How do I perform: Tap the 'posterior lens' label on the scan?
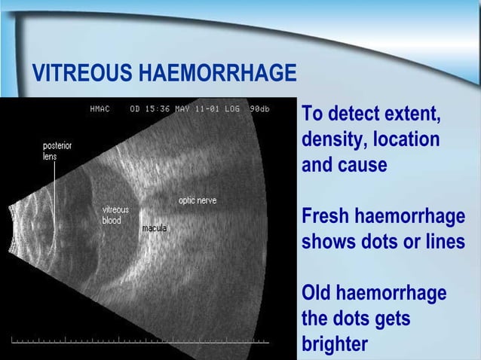click(x=57, y=151)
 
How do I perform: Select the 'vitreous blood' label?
click(x=115, y=215)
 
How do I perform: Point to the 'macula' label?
click(x=155, y=227)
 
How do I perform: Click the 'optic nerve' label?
click(x=198, y=200)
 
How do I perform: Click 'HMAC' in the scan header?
click(x=100, y=109)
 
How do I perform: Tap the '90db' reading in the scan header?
click(x=260, y=109)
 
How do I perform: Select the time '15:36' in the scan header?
click(x=159, y=109)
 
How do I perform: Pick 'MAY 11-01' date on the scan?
click(x=198, y=109)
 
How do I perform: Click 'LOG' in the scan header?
click(x=233, y=109)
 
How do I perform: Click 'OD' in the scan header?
click(x=135, y=109)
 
